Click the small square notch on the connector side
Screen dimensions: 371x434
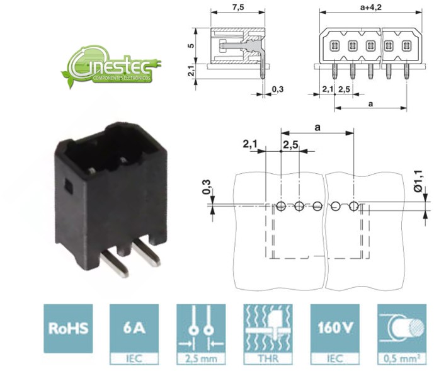[69, 186]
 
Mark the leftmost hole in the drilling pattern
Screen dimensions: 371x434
[280, 206]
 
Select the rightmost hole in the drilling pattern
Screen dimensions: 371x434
[354, 206]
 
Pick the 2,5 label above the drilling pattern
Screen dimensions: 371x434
[290, 145]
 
